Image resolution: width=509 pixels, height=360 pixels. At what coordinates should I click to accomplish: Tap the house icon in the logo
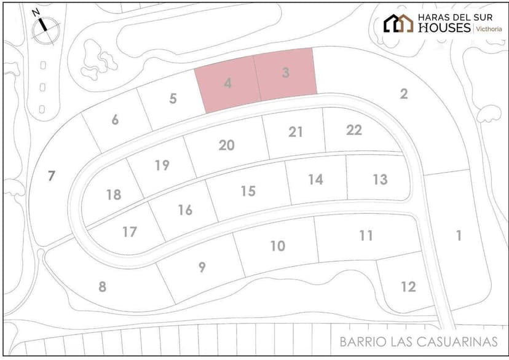398,23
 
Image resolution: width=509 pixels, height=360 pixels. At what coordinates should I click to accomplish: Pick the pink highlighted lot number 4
227,83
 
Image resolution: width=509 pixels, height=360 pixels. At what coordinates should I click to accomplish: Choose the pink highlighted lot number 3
286,72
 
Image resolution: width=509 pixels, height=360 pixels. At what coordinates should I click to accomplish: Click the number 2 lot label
404,94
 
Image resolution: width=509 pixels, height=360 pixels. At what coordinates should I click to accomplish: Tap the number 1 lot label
459,235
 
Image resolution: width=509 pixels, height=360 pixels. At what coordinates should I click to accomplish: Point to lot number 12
408,286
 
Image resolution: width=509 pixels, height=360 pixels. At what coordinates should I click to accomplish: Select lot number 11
366,235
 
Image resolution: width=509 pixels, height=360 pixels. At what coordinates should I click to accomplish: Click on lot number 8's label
103,286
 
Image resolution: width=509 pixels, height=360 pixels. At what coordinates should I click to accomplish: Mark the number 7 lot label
52,176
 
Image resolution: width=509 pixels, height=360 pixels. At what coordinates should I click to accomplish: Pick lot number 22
354,130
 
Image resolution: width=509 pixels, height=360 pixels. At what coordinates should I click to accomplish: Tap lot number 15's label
248,191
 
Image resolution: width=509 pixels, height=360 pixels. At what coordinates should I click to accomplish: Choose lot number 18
114,195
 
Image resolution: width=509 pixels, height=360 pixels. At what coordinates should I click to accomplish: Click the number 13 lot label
380,179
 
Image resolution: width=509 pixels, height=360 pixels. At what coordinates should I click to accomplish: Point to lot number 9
202,267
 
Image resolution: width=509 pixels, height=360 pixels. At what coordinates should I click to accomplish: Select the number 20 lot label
227,145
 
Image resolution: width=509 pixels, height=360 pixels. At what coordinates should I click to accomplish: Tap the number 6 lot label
115,120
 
